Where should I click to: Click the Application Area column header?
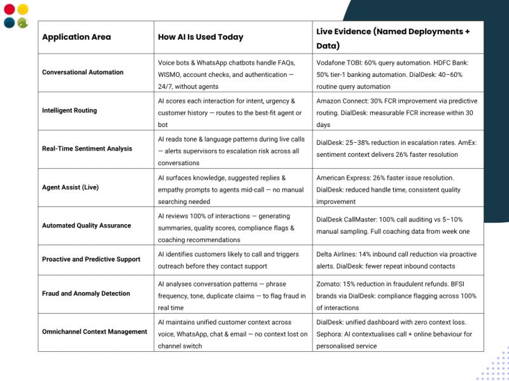pyautogui.click(x=76, y=37)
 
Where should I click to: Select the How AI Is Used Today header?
pyautogui.click(x=200, y=37)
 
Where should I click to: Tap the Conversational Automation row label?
pyautogui.click(x=83, y=72)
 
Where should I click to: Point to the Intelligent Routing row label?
pyautogui.click(x=69, y=110)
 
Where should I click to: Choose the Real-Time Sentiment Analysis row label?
pyautogui.click(x=87, y=149)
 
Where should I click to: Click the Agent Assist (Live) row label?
pyautogui.click(x=70, y=187)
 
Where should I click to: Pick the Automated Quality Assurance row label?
pyautogui.click(x=87, y=225)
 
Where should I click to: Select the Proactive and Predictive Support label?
pyautogui.click(x=91, y=259)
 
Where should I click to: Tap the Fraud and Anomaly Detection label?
pyautogui.click(x=86, y=293)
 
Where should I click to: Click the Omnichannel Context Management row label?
pyautogui.click(x=94, y=331)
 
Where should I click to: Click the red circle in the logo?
pyautogui.click(x=9, y=10)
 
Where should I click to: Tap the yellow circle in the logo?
pyautogui.click(x=23, y=10)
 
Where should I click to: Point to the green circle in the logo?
pyautogui.click(x=23, y=23)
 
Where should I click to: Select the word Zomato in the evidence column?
pyautogui.click(x=328, y=284)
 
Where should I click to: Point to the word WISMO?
pyautogui.click(x=171, y=74)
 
